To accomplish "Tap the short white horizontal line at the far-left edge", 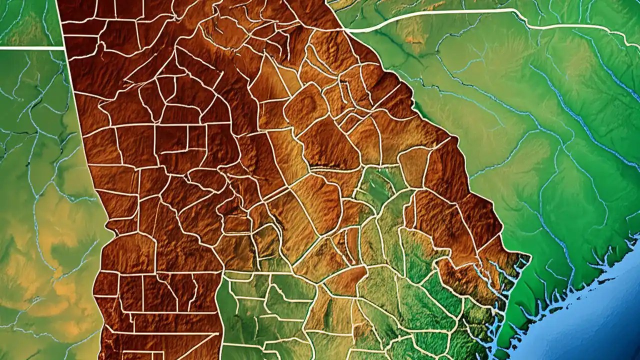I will click(x=30, y=48).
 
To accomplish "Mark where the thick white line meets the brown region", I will click(x=346, y=30).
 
